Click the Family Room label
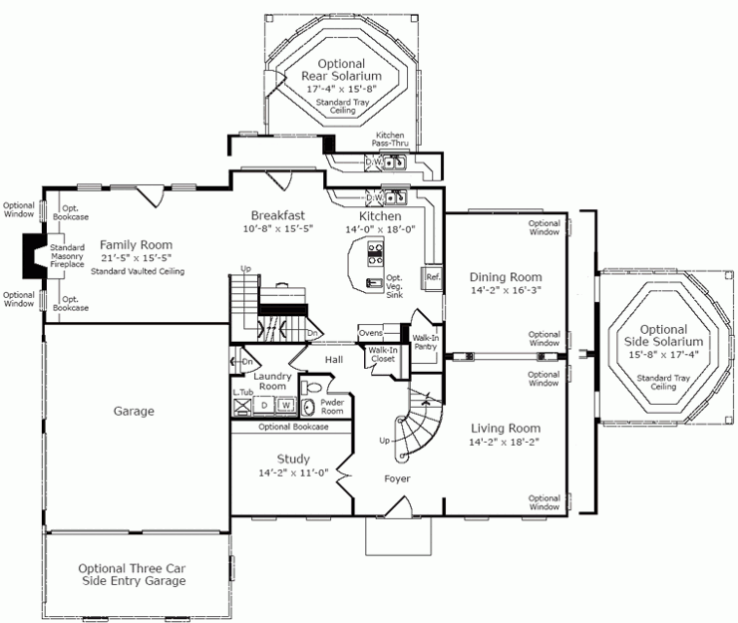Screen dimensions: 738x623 click(x=136, y=244)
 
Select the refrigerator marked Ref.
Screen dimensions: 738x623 click(x=433, y=277)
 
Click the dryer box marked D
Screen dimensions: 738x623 click(x=264, y=405)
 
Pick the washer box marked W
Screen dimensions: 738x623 click(x=286, y=405)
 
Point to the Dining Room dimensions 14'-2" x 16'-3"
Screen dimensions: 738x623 click(x=506, y=290)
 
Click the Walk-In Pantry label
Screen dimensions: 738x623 click(x=426, y=342)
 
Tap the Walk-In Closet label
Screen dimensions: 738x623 click(x=383, y=354)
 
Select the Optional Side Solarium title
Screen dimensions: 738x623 click(x=663, y=336)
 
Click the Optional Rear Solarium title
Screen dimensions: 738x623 click(x=341, y=70)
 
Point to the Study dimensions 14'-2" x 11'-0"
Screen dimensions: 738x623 click(x=293, y=472)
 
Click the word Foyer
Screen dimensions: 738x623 click(x=397, y=478)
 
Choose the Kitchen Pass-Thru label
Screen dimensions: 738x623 click(x=390, y=139)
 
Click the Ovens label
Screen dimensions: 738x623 click(x=371, y=333)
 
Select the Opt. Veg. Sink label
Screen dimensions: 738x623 click(x=394, y=286)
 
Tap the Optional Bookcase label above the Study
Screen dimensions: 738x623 click(x=293, y=427)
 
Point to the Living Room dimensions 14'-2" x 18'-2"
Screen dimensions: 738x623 click(x=504, y=442)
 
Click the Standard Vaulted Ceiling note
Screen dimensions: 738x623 click(x=138, y=271)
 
